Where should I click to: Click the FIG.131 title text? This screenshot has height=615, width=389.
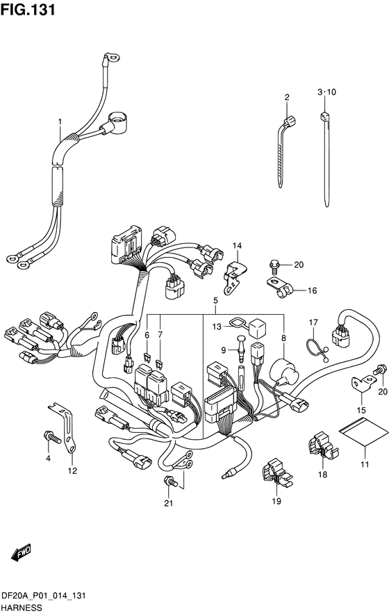[28, 10]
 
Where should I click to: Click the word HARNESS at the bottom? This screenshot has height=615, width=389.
[21, 608]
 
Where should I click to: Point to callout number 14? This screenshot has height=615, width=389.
[237, 246]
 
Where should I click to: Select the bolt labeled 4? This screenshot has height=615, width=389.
[53, 436]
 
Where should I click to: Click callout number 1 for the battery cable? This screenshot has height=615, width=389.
[60, 122]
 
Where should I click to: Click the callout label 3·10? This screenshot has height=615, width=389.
[326, 92]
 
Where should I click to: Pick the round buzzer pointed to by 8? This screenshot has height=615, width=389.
[284, 371]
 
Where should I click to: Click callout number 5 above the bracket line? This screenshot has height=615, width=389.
[215, 301]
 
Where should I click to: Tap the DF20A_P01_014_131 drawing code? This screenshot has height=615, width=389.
[44, 596]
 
